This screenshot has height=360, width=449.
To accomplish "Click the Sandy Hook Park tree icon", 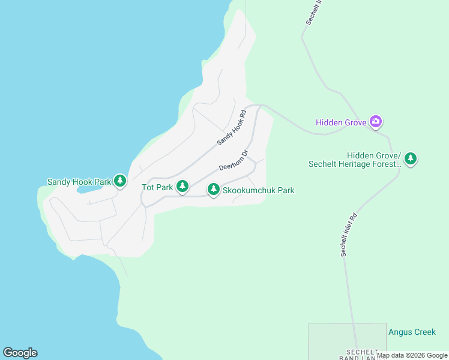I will (120, 181).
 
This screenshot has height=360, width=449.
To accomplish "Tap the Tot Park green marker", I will (182, 187).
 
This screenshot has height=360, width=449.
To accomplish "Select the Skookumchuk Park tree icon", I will (213, 190).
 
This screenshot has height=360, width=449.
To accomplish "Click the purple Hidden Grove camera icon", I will (376, 122).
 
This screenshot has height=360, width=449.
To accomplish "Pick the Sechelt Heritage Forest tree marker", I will (411, 159).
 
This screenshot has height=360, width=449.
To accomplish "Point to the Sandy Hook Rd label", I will (232, 128).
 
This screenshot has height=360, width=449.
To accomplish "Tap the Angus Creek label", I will (412, 332).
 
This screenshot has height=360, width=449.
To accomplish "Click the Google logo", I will (20, 353).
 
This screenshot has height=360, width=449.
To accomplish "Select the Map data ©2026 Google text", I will (412, 355).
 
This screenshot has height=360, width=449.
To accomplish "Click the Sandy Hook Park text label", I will (79, 181).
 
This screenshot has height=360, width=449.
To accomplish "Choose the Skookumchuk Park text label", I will (258, 190).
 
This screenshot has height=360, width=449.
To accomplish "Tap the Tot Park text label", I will (157, 187).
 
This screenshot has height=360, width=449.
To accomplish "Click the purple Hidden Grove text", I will (341, 123).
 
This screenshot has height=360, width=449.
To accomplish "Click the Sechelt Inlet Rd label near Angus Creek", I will (348, 235).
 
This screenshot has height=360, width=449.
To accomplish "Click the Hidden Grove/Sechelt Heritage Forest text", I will (354, 160).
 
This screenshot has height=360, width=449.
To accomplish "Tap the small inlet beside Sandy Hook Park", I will (90, 188).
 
